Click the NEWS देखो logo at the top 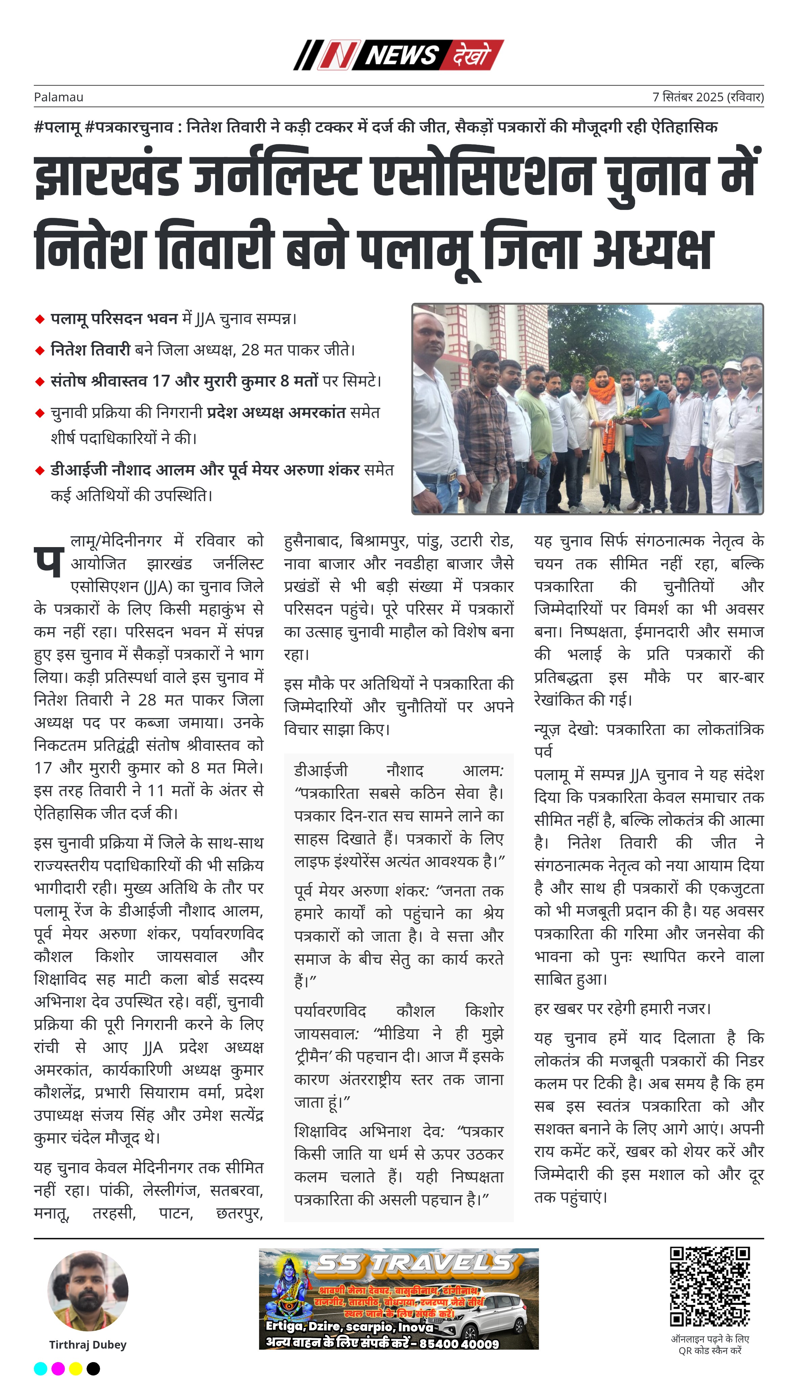[x=398, y=55]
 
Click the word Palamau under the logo [x=58, y=97]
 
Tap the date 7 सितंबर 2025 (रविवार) [x=707, y=97]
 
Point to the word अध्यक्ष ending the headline [x=653, y=249]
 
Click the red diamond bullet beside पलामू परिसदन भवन [x=39, y=319]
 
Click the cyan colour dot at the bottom [x=41, y=1368]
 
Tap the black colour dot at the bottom [x=93, y=1368]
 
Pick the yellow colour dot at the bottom [x=76, y=1368]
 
